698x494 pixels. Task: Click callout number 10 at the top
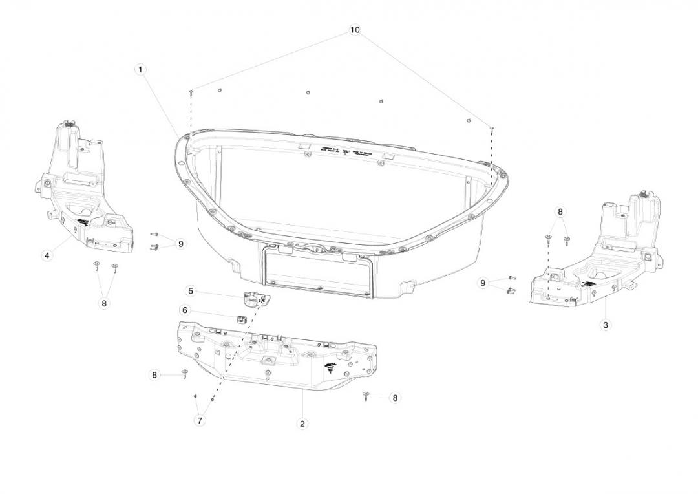pos(355,30)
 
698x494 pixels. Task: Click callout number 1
pos(141,69)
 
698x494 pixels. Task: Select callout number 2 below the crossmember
pos(302,424)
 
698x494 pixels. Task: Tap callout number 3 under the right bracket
pos(606,325)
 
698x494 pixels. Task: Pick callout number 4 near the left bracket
pos(47,256)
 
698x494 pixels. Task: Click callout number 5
pos(191,291)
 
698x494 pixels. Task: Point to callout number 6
pos(185,310)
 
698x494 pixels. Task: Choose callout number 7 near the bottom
pos(200,421)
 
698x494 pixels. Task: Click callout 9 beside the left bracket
pos(181,244)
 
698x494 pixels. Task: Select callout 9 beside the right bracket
pos(483,283)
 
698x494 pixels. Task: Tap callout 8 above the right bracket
pos(560,211)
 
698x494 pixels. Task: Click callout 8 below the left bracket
pos(104,303)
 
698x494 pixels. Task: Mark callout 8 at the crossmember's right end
pos(396,398)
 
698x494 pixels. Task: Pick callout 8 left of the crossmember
pos(154,374)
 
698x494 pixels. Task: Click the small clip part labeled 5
pos(255,298)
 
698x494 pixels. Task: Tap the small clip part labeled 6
pos(242,317)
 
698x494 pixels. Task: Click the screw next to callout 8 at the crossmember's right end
pos(366,396)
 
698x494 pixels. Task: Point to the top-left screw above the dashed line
pos(192,92)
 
